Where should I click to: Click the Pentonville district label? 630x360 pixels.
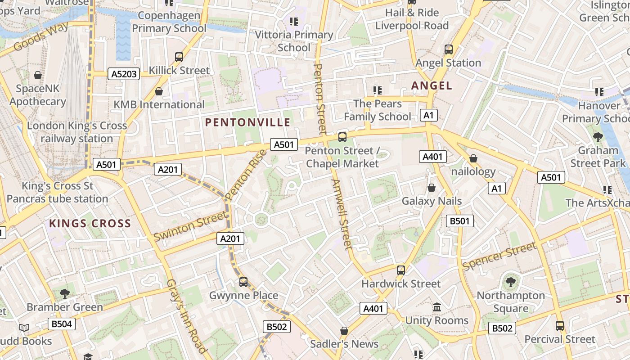248,122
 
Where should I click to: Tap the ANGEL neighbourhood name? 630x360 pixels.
432,85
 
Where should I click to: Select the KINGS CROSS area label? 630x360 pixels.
90,223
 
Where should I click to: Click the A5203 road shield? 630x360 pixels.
124,74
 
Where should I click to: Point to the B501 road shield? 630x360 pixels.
459,221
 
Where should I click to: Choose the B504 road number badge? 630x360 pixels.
62,324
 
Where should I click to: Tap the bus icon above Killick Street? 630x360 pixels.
179,57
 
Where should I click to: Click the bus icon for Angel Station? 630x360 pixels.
449,49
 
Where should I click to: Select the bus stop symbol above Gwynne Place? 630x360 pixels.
243,282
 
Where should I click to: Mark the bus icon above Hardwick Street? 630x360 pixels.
401,270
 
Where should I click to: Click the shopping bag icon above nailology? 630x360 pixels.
473,158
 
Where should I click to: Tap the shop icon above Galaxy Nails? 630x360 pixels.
432,188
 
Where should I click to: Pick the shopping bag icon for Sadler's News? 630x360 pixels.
344,331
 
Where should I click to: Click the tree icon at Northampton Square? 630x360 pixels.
510,282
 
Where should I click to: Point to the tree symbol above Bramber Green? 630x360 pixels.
65,294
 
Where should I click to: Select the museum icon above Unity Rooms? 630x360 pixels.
436,307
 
